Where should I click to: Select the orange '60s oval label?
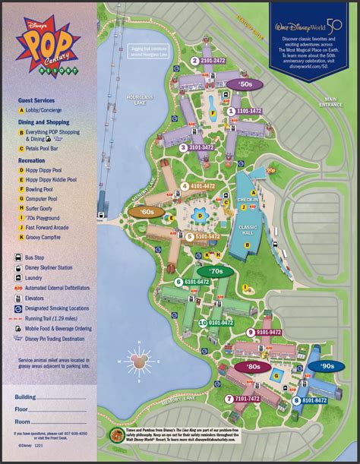(145, 213)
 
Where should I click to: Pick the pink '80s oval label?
(253, 366)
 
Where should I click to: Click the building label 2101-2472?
(213, 60)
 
